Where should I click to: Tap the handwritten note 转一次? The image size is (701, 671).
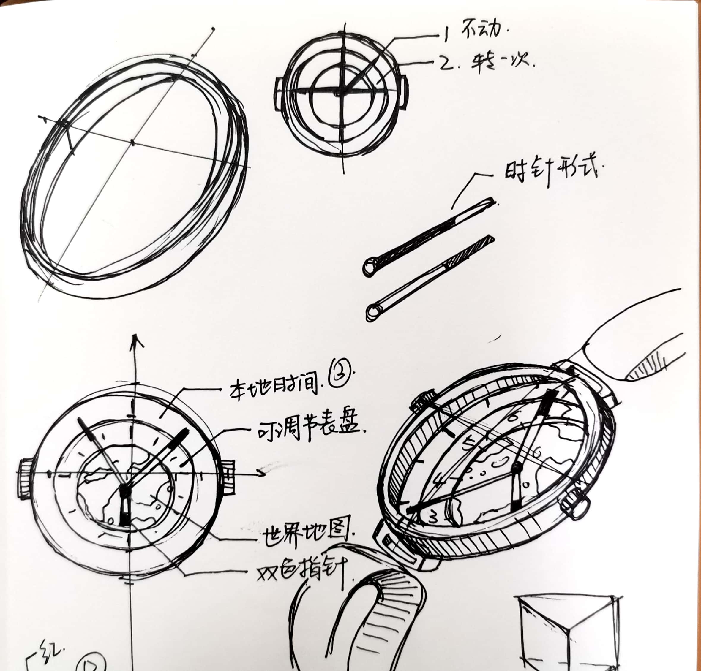click(501, 64)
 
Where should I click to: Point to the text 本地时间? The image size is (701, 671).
click(274, 388)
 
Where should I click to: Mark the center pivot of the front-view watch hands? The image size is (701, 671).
click(124, 489)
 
